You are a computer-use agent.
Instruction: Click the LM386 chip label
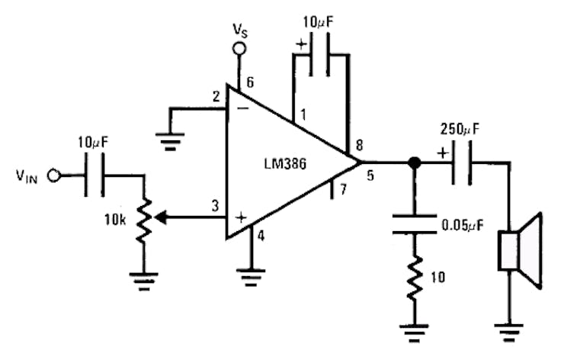tap(285, 164)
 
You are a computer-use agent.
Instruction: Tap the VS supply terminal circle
tap(239, 48)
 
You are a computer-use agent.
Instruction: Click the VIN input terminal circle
tap(54, 175)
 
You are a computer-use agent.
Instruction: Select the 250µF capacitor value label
tap(460, 129)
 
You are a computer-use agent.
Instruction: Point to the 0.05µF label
tap(462, 225)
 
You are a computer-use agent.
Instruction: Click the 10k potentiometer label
tap(115, 220)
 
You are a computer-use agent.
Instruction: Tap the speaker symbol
tap(520, 251)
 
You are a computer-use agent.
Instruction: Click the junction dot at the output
tap(415, 162)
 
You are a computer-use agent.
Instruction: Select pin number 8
tap(359, 146)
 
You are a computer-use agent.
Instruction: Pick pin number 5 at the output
tap(370, 175)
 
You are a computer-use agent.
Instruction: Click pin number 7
tap(344, 188)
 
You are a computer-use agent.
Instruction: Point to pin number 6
tap(250, 82)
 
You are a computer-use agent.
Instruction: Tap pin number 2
tap(216, 96)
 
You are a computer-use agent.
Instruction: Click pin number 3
tap(215, 206)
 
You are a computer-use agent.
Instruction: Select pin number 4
tap(261, 236)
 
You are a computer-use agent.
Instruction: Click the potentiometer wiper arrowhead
tap(160, 217)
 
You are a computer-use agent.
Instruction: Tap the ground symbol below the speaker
tap(508, 332)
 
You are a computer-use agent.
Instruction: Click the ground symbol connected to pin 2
tap(170, 141)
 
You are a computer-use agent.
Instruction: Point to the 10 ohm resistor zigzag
tap(415, 277)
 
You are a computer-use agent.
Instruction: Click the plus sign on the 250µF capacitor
tap(443, 153)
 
